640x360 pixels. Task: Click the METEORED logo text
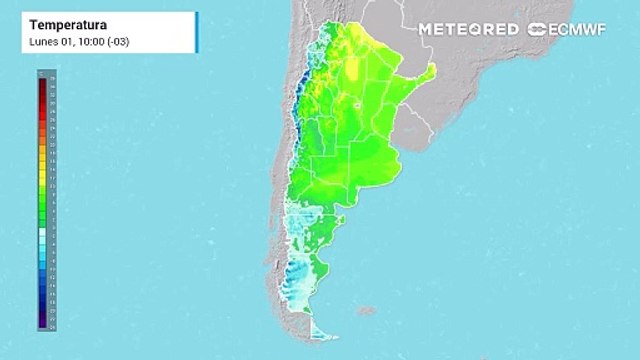[x=468, y=29]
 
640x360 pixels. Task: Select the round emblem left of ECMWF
[x=537, y=29]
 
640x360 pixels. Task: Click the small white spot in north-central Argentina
[x=357, y=103]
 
